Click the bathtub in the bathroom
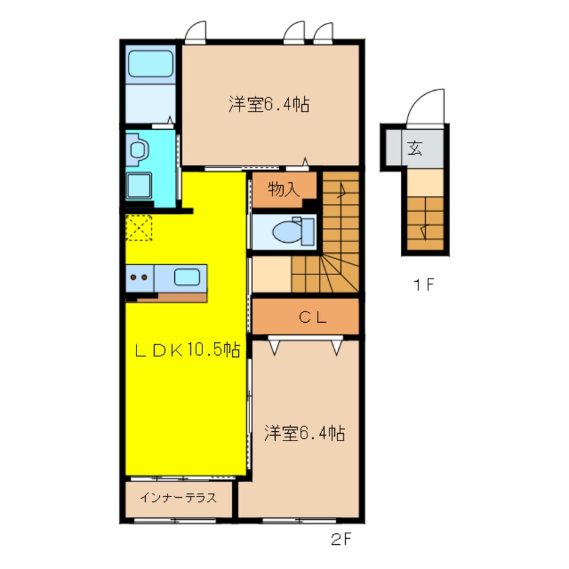click(x=150, y=63)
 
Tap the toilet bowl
click(x=287, y=231)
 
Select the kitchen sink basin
click(x=186, y=277)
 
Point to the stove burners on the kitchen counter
click(x=139, y=278)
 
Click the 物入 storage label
click(x=284, y=189)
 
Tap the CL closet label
click(x=313, y=317)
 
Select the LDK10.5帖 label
click(x=187, y=350)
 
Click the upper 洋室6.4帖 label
click(x=269, y=104)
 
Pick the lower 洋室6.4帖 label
click(x=305, y=433)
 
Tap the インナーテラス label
click(x=178, y=498)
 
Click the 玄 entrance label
click(x=414, y=148)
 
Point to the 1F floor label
click(x=424, y=285)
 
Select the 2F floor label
click(x=341, y=539)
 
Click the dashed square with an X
click(x=139, y=228)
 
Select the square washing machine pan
click(x=139, y=186)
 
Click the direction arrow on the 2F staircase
click(x=342, y=190)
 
